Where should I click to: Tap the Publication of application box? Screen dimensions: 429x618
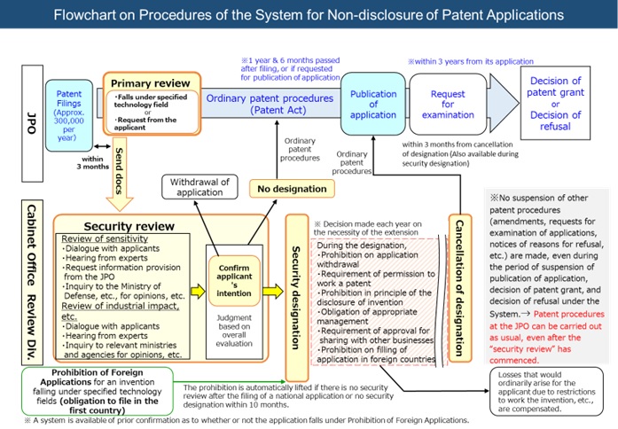coord(373,105)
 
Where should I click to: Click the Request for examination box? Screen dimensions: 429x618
coord(447,105)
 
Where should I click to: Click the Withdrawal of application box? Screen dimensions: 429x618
coord(199,188)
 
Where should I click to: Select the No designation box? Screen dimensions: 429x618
coord(292,188)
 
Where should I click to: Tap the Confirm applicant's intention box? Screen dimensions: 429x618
coord(234,279)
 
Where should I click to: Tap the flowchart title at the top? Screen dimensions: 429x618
coord(308,15)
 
